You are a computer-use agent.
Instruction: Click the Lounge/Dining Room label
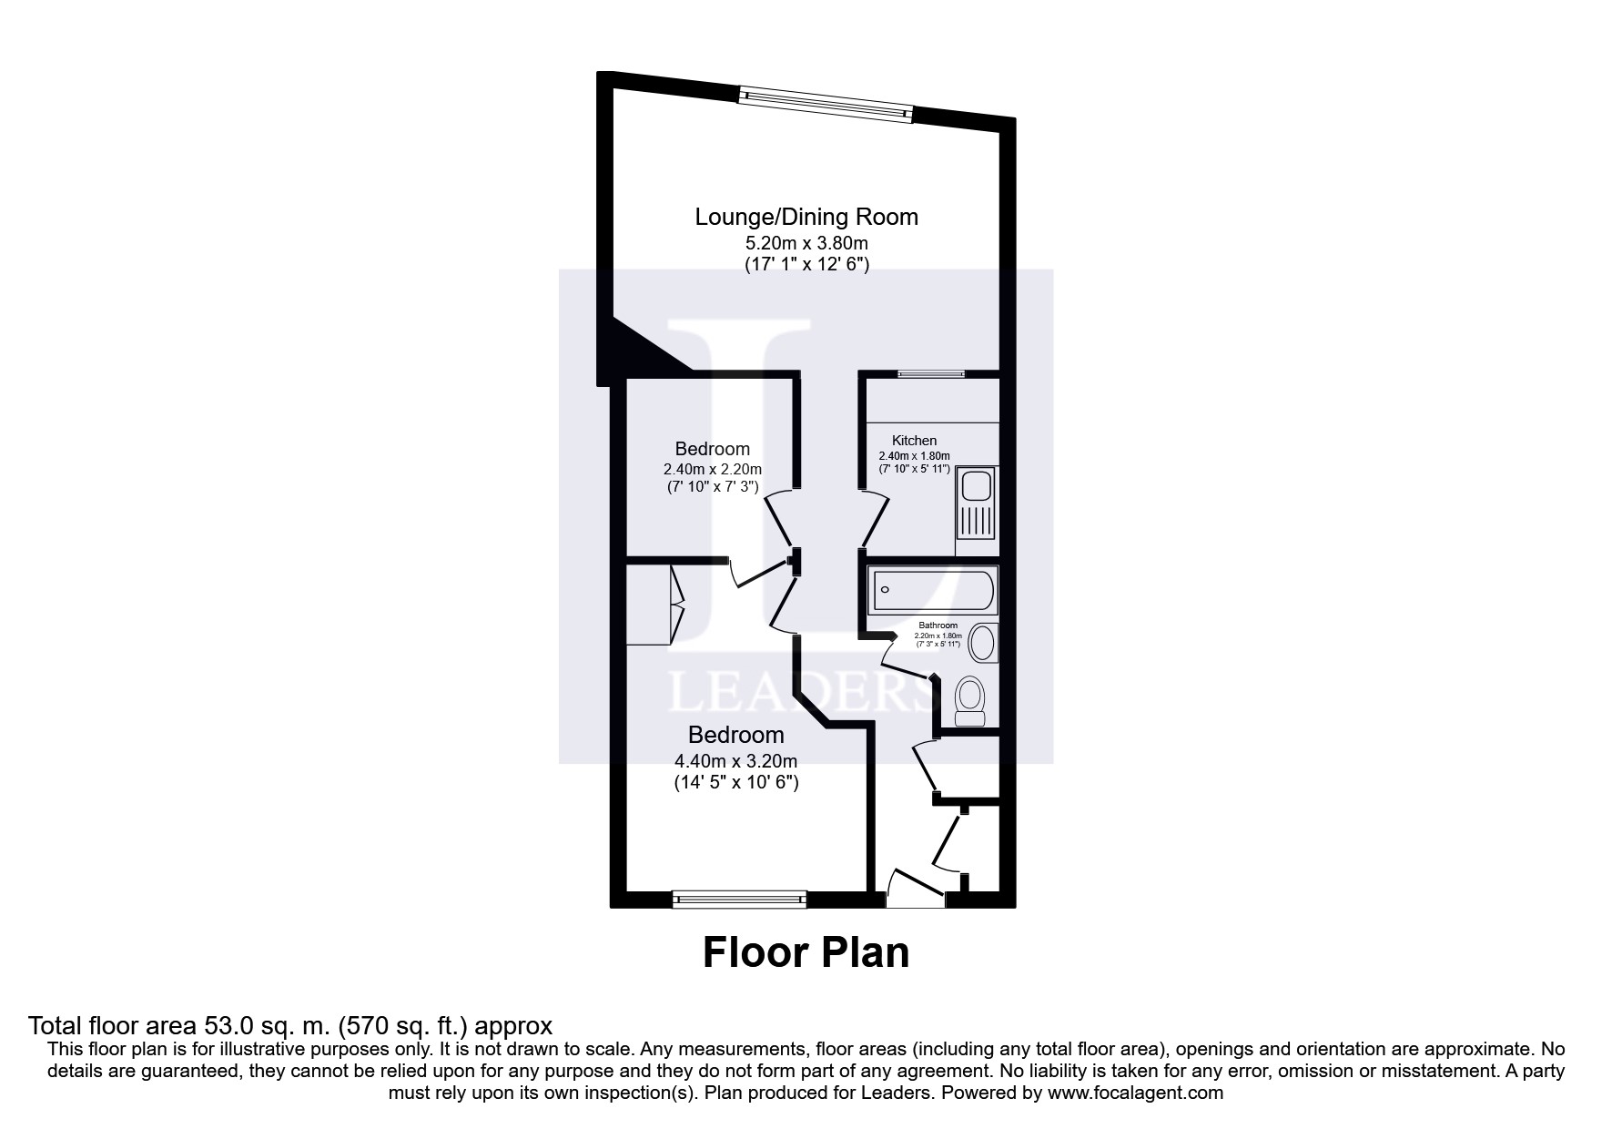click(806, 218)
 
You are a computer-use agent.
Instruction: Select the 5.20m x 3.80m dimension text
click(806, 244)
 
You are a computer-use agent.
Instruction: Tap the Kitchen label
click(914, 441)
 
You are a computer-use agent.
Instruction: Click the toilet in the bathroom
click(970, 702)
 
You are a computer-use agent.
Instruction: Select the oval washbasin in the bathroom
click(983, 642)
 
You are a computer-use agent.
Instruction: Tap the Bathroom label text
click(938, 626)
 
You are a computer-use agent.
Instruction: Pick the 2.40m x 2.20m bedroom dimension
click(712, 470)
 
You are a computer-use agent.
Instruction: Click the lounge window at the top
click(825, 103)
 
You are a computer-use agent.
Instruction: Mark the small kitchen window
click(930, 373)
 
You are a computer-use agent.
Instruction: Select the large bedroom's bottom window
click(739, 900)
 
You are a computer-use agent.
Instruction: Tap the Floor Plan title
click(806, 953)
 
